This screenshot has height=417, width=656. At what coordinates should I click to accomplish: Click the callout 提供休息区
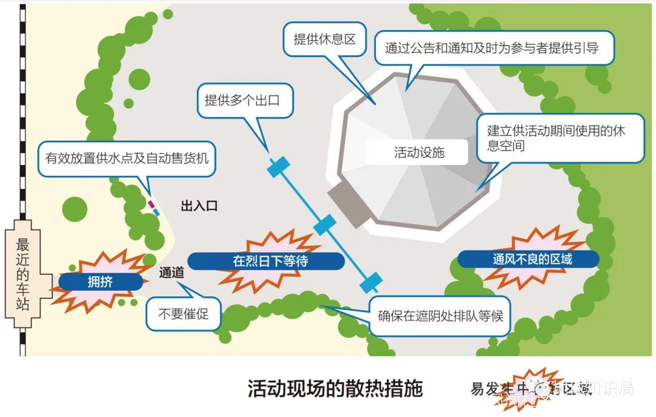(324, 40)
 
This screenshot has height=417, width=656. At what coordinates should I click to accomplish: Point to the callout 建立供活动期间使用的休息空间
(559, 138)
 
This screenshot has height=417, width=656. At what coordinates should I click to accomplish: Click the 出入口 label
(199, 206)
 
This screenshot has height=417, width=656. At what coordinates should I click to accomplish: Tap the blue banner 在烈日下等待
(265, 262)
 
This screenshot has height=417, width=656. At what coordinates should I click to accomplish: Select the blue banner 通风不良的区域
(528, 260)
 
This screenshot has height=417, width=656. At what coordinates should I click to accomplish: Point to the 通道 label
(171, 273)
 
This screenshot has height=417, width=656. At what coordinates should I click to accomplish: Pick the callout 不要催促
(183, 314)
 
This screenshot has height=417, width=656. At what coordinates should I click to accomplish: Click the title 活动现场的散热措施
(335, 388)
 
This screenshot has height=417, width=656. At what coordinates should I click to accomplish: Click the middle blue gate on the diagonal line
(324, 225)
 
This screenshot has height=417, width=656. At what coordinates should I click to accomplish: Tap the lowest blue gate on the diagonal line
(371, 282)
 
